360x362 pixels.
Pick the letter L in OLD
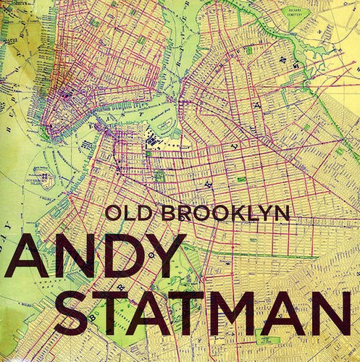(x=123, y=214)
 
